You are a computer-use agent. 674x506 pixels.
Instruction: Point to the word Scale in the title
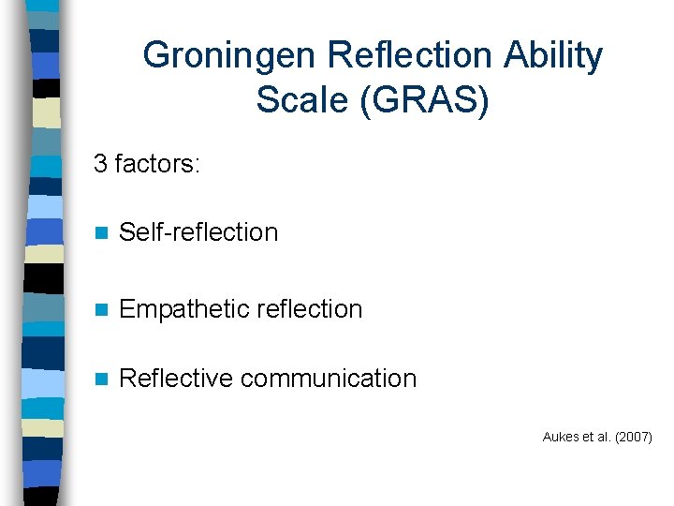[x=298, y=100]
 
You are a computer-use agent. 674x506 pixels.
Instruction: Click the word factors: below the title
[x=156, y=164]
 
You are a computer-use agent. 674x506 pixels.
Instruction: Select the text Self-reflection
[x=199, y=232]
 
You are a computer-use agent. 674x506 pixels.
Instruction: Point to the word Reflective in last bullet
[x=177, y=379]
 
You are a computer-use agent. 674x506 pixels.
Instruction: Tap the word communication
[x=329, y=379]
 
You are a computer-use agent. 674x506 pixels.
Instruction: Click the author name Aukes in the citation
[x=559, y=437]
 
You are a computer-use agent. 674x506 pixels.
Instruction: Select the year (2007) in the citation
[x=633, y=437]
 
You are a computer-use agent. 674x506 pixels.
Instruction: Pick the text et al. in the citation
[x=594, y=437]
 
